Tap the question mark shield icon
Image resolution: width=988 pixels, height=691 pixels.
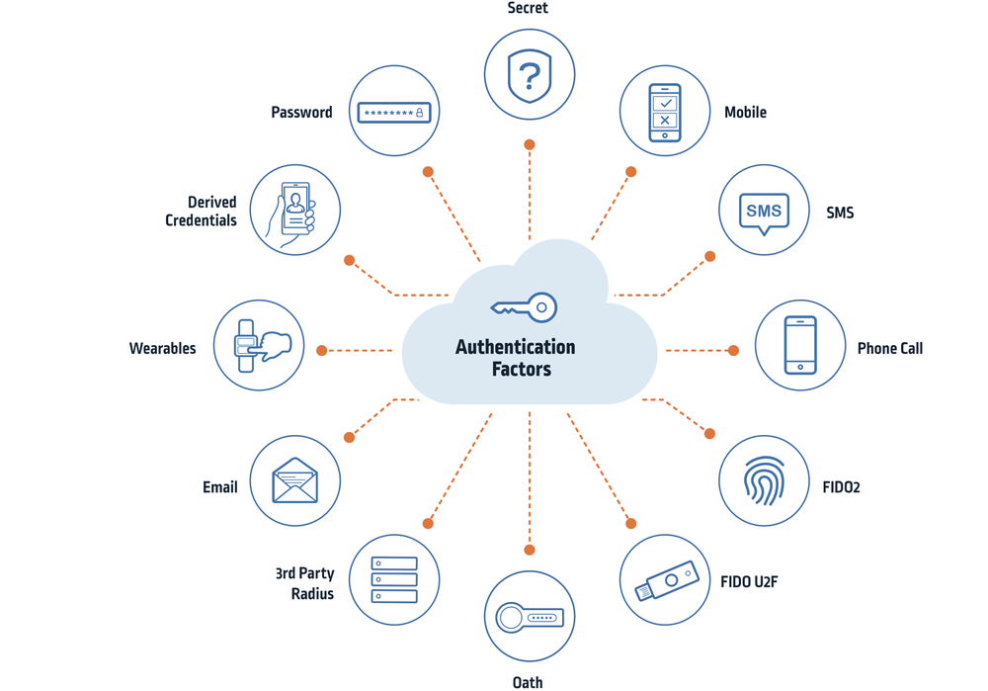click(530, 75)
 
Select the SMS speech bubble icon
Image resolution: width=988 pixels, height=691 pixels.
click(764, 212)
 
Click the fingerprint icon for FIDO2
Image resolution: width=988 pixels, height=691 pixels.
click(764, 481)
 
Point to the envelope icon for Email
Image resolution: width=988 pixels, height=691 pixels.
click(295, 481)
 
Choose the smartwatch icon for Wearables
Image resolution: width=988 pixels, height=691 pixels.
click(260, 346)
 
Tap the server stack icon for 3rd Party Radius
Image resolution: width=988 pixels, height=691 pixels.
click(394, 580)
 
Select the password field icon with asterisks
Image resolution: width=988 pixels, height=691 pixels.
click(394, 112)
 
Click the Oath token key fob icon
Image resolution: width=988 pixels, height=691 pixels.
click(530, 617)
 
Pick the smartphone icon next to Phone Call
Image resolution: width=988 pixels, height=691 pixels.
click(800, 345)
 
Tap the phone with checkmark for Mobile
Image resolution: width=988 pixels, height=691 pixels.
click(665, 112)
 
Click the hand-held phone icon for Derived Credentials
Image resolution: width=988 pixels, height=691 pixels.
click(295, 212)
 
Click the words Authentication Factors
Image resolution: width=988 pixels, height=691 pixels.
click(515, 358)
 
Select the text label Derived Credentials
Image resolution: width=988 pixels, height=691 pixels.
click(201, 212)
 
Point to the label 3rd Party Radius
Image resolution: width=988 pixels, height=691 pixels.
click(305, 583)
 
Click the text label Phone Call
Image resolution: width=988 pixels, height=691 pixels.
click(889, 348)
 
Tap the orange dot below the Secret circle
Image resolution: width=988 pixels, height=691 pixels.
click(530, 144)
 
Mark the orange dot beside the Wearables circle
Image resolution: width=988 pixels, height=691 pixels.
click(322, 350)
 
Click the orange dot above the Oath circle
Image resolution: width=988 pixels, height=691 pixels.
click(530, 550)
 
